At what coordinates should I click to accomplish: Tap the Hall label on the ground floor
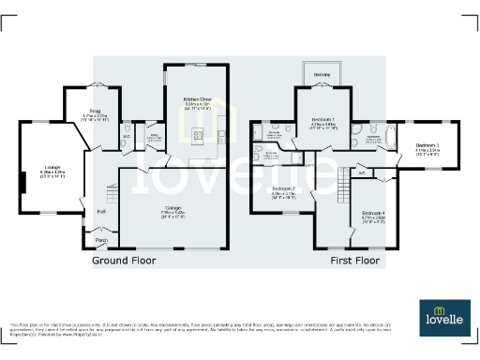[x=101, y=212]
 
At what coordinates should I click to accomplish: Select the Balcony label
[x=322, y=73]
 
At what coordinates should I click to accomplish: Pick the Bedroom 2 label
[x=284, y=192]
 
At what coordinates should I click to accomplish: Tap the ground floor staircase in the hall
[x=112, y=196]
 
